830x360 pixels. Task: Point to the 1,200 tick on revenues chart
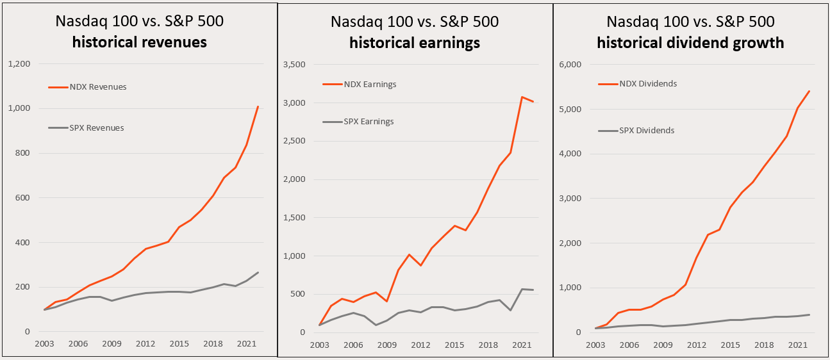coord(19,64)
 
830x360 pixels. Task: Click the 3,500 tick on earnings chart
coord(294,64)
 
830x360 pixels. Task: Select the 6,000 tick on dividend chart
coord(570,64)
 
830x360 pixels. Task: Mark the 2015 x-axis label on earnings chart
coord(455,345)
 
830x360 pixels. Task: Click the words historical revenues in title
coord(139,43)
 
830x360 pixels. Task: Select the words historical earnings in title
coord(415,43)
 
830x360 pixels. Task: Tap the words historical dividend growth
coord(690,43)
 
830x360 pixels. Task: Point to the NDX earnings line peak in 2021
coord(522,97)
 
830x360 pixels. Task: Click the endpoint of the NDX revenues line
coord(258,106)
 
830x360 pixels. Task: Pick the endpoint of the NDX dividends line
coord(809,91)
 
